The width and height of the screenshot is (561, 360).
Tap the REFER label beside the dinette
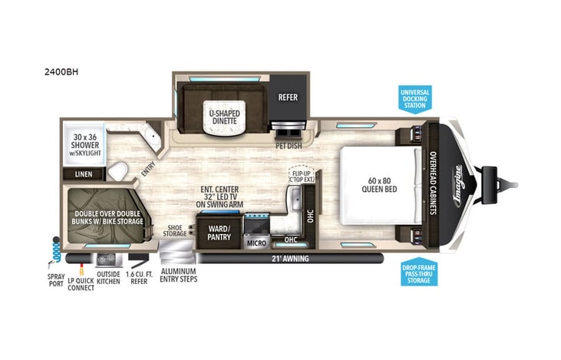(x=288, y=97)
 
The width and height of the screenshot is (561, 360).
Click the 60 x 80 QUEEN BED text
(x=381, y=184)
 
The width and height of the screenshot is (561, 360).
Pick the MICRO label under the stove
(x=256, y=243)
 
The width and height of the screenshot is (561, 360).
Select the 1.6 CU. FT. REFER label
(x=139, y=276)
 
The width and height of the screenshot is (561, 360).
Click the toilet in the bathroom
(x=117, y=170)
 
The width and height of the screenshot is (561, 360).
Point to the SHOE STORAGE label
(x=176, y=231)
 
